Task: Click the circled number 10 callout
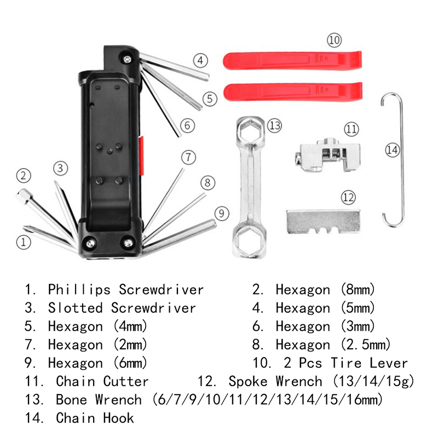[x=334, y=39]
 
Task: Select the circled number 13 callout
[x=274, y=125]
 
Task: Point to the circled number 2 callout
[x=23, y=176]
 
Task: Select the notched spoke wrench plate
[x=323, y=220]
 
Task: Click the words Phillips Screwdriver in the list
[x=126, y=289]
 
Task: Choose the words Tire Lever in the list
[x=369, y=363]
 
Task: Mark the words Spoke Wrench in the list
[x=275, y=381]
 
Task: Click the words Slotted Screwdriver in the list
[x=122, y=308]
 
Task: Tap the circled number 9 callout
[x=221, y=213]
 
